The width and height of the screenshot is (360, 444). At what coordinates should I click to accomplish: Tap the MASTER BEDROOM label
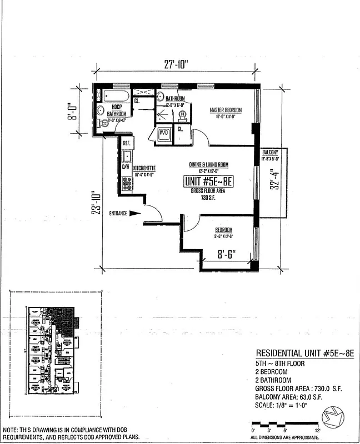tap(226, 110)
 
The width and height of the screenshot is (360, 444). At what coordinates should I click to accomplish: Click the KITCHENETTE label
tap(143, 168)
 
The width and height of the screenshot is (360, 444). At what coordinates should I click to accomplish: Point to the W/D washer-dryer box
tap(164, 133)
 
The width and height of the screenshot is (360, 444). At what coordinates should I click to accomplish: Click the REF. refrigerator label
tap(127, 143)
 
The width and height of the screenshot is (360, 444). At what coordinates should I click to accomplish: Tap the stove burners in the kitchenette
tap(127, 183)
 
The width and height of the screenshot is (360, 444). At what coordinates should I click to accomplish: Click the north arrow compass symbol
tap(338, 416)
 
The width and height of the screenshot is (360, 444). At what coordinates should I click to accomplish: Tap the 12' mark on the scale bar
tap(317, 431)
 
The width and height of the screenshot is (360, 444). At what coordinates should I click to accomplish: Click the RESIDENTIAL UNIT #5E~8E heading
tap(304, 354)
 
